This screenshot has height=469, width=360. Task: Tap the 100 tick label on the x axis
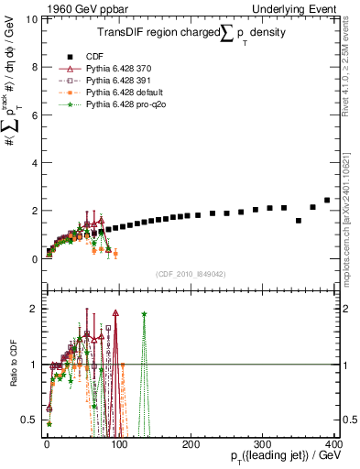coord(118,444)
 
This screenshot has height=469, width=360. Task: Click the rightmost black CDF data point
coord(327,200)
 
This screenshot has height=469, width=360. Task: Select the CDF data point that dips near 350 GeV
coord(299,221)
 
